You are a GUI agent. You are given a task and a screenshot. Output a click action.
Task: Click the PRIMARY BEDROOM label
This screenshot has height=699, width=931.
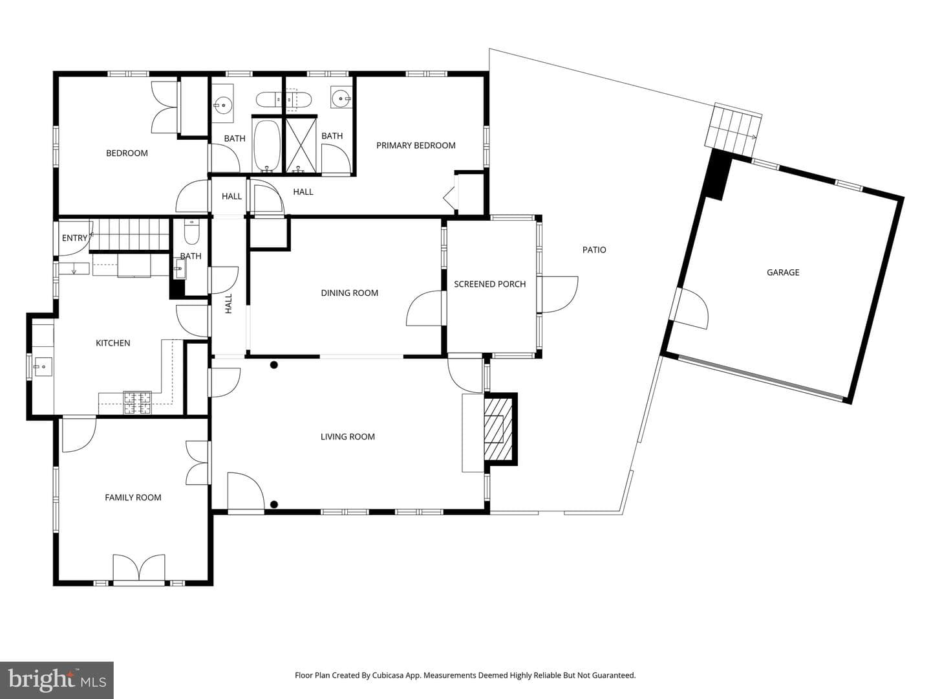pyautogui.click(x=416, y=146)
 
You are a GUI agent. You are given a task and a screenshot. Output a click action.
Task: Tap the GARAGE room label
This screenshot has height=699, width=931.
pyautogui.click(x=783, y=272)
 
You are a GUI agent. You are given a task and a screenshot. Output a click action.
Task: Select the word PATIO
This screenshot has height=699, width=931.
pyautogui.click(x=594, y=250)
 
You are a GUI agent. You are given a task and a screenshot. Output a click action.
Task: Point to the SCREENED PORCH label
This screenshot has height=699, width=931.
pyautogui.click(x=489, y=284)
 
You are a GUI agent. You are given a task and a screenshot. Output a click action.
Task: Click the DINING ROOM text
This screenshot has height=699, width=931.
pyautogui.click(x=350, y=293)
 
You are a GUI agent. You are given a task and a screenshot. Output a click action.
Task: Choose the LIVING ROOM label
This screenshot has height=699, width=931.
pyautogui.click(x=347, y=437)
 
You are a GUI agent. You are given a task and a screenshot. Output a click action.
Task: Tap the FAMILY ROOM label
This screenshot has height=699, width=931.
pyautogui.click(x=133, y=498)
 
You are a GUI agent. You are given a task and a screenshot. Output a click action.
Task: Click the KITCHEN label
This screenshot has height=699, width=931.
pyautogui.click(x=113, y=343)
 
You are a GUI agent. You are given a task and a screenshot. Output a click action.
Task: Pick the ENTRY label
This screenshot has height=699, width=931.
pyautogui.click(x=74, y=238)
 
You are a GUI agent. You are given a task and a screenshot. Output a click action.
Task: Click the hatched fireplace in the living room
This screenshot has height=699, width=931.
pyautogui.click(x=498, y=428)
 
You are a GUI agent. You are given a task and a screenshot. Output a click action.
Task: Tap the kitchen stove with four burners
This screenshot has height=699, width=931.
pyautogui.click(x=138, y=403)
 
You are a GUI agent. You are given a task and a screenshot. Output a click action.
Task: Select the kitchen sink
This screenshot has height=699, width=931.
pyautogui.click(x=43, y=367)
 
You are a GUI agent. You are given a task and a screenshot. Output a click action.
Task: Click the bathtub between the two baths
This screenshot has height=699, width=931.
pyautogui.click(x=267, y=145)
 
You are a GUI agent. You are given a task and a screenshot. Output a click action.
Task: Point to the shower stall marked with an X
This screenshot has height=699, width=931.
pyautogui.click(x=301, y=145)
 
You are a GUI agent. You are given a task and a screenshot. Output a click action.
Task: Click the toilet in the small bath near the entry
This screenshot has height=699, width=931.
pyautogui.click(x=192, y=232)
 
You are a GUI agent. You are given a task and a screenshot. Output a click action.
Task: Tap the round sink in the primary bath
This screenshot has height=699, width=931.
pyautogui.click(x=340, y=98)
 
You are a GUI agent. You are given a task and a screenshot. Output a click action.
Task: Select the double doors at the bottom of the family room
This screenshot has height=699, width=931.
pyautogui.click(x=139, y=568)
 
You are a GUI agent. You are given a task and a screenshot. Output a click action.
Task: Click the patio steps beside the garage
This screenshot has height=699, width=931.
pyautogui.click(x=733, y=130)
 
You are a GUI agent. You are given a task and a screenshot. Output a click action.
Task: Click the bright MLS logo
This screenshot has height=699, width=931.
pyautogui.click(x=57, y=680)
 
